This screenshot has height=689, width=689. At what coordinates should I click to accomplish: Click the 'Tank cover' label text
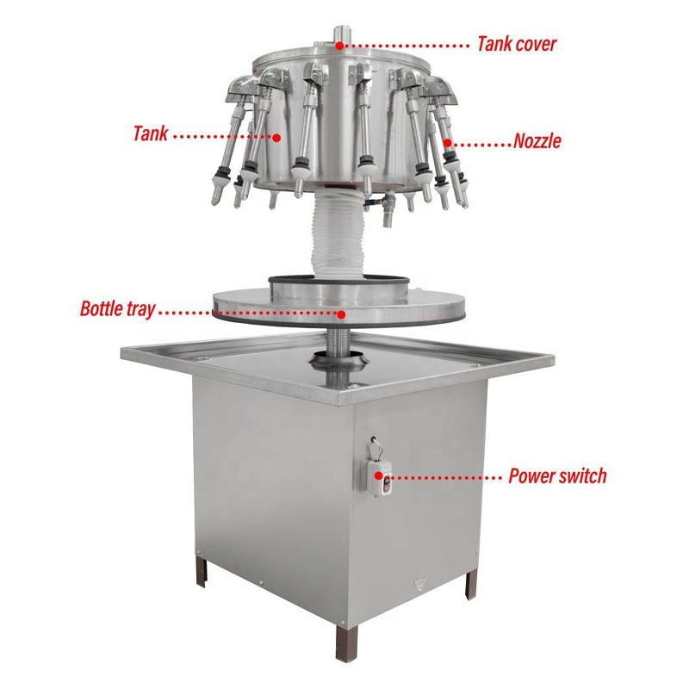point(517,44)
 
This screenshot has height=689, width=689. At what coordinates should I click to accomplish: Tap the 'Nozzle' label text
point(537,141)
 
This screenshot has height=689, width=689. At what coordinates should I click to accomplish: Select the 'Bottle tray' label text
point(118,309)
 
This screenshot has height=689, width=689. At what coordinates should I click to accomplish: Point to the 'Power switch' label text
point(557,476)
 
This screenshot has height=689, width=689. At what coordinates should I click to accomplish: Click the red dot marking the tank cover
point(339,45)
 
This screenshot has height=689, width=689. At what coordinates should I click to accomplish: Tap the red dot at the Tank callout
point(276,138)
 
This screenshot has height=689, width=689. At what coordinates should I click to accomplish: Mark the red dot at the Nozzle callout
point(447,143)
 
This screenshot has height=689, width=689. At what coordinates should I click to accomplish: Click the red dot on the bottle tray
point(341,313)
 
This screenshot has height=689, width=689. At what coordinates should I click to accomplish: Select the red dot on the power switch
point(378,476)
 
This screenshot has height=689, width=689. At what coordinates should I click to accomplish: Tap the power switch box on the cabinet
point(379,477)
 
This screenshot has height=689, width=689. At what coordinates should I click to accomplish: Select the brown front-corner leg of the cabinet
point(347,642)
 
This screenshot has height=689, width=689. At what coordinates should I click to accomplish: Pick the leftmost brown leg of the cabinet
point(202,571)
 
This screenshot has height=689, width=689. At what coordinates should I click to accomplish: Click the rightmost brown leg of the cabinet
point(470,585)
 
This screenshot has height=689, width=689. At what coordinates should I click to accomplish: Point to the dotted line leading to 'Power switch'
point(445,477)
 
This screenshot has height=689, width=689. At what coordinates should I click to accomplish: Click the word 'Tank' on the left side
point(150,133)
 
